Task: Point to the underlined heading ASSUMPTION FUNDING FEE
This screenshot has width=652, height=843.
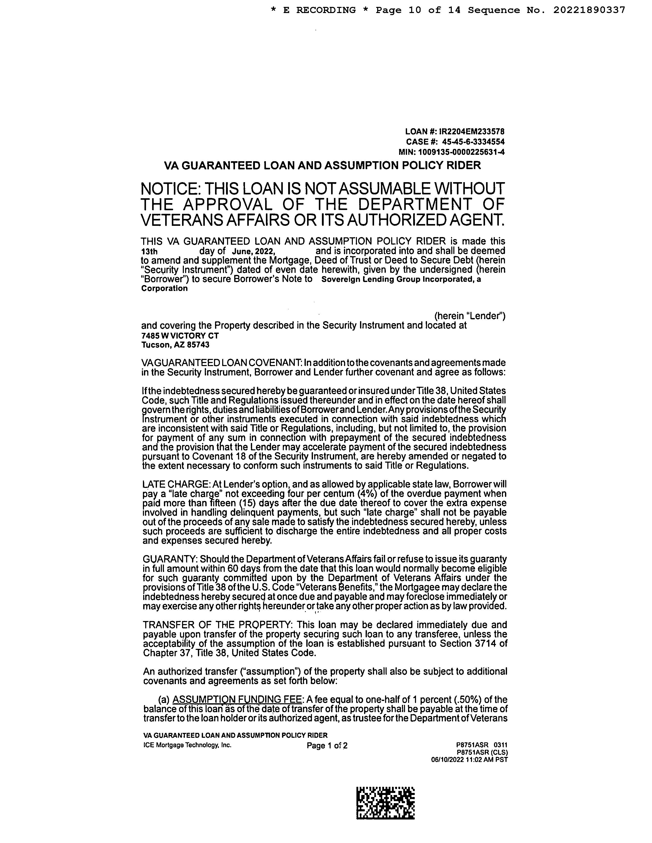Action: [237, 700]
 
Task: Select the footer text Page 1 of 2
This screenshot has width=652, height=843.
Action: [327, 745]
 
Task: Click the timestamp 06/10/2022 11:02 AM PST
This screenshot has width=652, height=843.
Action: [469, 759]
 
